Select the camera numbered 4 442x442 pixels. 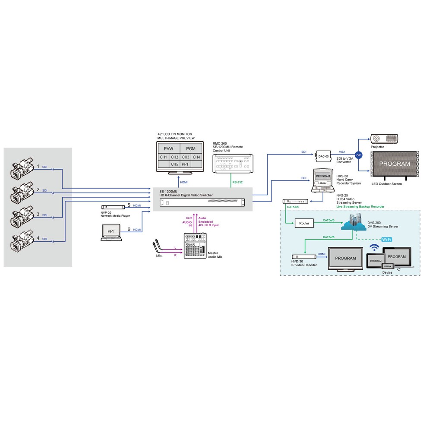(x=22, y=242)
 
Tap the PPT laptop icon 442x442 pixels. (x=111, y=232)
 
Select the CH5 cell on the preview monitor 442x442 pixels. (x=174, y=164)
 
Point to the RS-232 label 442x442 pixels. (x=237, y=183)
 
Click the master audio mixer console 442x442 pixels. (x=195, y=246)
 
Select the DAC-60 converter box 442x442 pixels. (x=323, y=156)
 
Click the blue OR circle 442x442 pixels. (x=358, y=155)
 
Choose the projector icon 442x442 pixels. (x=384, y=139)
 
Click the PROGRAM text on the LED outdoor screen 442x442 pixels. (x=394, y=164)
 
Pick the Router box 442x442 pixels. (x=304, y=223)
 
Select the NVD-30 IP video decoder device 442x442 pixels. (x=304, y=256)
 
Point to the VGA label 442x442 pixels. (x=342, y=152)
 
